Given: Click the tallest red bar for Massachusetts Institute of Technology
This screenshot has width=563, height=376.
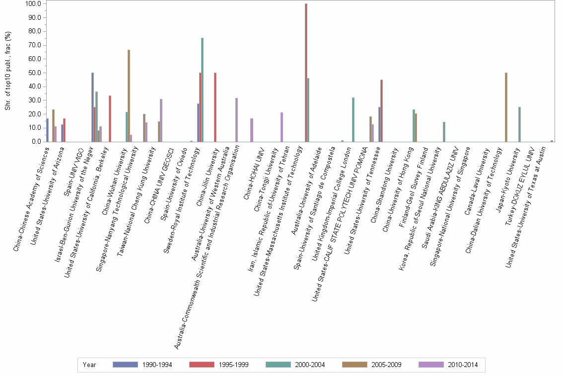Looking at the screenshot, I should (306, 73).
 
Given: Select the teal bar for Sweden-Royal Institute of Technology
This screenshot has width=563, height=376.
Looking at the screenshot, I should (202, 90).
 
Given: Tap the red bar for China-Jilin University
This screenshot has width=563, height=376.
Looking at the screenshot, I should (215, 107).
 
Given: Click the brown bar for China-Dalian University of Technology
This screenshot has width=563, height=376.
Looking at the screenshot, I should (506, 107).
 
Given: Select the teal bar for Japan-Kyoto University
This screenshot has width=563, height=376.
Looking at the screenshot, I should (519, 124).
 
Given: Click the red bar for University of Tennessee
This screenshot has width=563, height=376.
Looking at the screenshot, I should (381, 110).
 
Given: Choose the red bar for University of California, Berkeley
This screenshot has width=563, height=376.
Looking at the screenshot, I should (110, 118).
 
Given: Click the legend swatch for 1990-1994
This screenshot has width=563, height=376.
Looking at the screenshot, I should (125, 365).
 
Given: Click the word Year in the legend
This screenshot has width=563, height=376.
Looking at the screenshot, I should (90, 365).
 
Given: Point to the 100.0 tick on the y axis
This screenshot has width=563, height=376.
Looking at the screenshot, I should (33, 4).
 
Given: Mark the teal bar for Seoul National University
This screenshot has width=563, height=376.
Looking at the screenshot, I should (444, 132).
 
